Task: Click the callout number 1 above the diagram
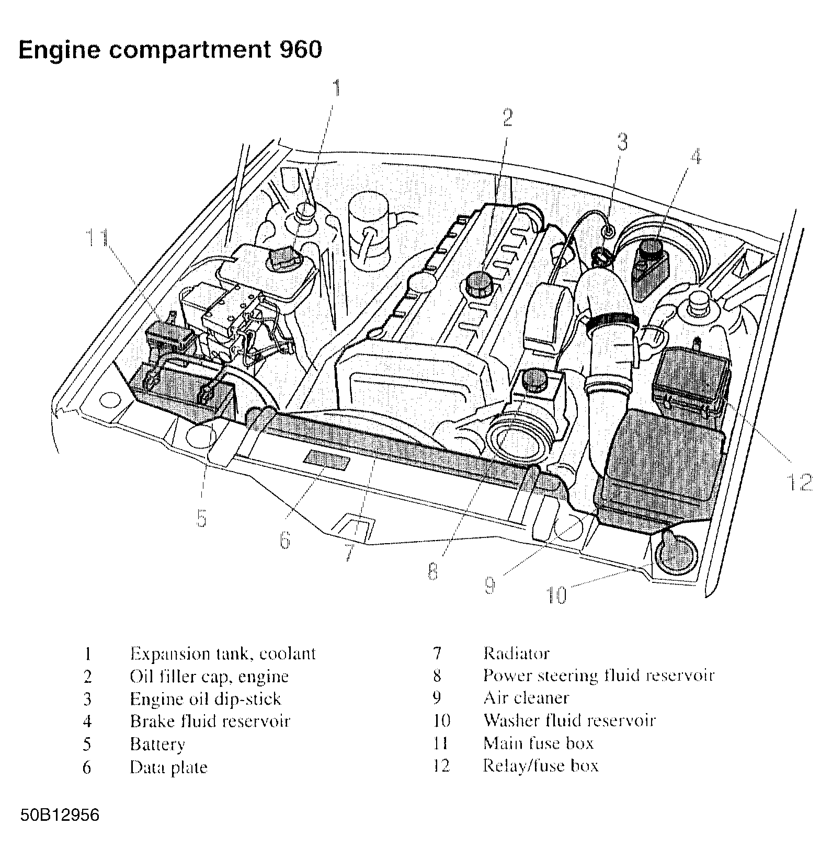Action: coord(338,88)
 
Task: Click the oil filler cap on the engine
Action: coord(477,283)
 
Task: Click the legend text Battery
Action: coord(157,744)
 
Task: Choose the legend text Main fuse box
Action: coord(538,743)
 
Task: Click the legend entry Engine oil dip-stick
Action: coord(205,698)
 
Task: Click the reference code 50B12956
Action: coord(60,815)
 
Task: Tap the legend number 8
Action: coord(437,676)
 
